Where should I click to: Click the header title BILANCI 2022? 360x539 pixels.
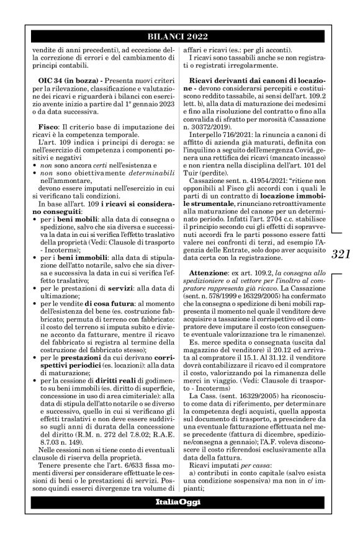(179, 36)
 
